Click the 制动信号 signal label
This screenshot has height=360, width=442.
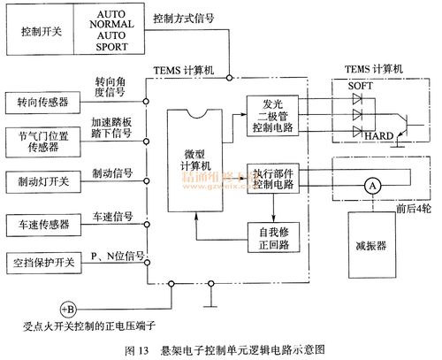coord(112,174)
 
